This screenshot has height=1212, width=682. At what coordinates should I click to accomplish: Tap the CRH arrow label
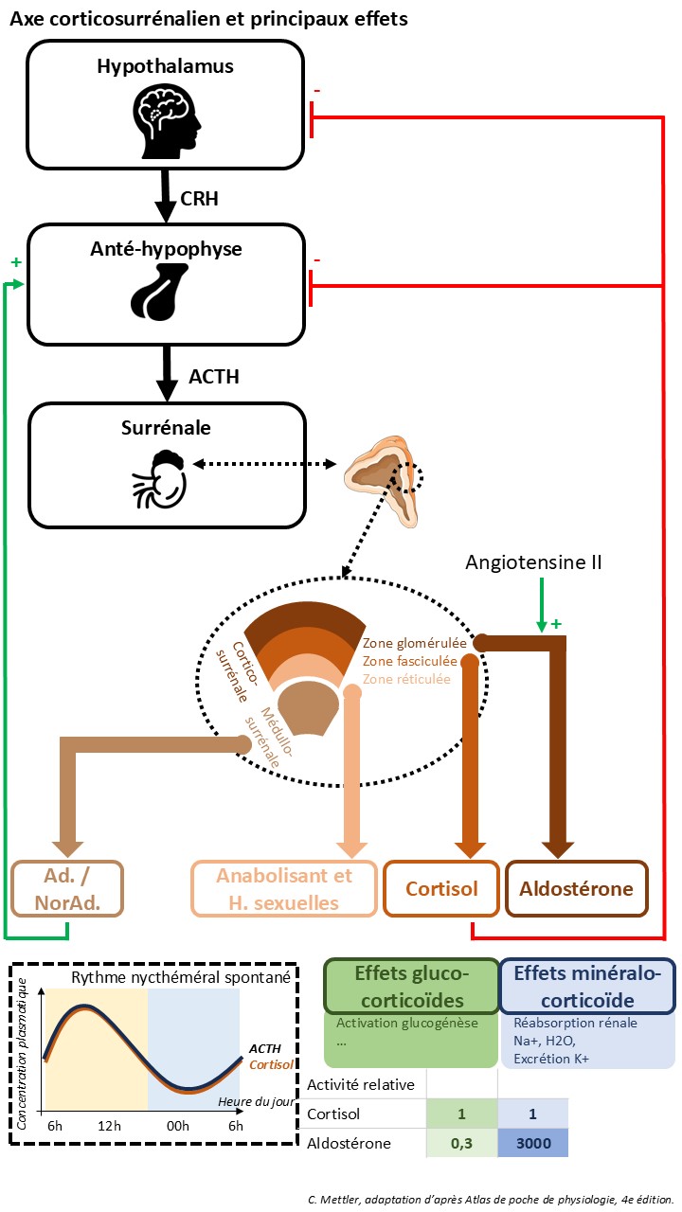(x=199, y=198)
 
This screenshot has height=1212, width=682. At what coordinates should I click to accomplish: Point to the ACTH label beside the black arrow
(x=214, y=377)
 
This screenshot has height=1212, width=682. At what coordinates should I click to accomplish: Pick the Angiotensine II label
(x=533, y=562)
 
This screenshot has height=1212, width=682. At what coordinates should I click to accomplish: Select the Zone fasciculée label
(x=409, y=660)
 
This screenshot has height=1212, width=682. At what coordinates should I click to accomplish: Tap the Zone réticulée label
(x=407, y=678)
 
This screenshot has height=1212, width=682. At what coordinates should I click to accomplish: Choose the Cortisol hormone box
(x=440, y=889)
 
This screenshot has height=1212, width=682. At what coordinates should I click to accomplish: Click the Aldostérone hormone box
(x=576, y=889)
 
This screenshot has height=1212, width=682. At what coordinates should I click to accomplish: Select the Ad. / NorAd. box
(x=68, y=889)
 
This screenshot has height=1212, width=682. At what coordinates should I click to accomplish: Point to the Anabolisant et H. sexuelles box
(x=284, y=889)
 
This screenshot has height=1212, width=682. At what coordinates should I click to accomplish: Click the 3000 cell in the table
(x=533, y=1144)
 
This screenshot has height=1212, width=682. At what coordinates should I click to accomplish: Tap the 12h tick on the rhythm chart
(x=110, y=1125)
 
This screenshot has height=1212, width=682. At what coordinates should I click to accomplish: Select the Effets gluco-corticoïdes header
(x=412, y=985)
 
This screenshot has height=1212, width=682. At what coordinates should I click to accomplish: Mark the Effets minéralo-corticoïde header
(x=587, y=985)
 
